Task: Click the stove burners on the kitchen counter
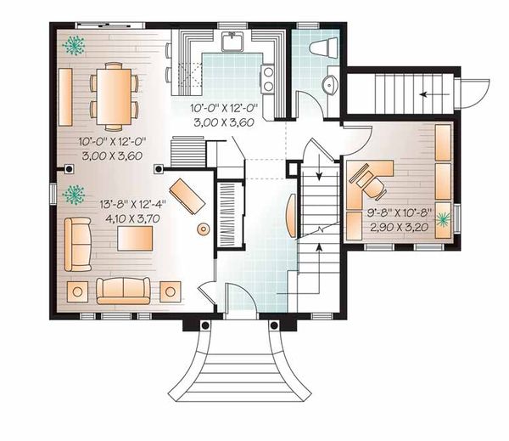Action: pos(268,79)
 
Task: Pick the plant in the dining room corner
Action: pos(75,45)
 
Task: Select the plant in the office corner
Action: pos(443,221)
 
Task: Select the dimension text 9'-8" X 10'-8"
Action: pos(398,215)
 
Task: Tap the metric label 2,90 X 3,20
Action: pos(398,228)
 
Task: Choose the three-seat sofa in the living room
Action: pos(124,290)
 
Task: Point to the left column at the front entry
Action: pos(204,325)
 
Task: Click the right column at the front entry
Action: pos(274,325)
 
